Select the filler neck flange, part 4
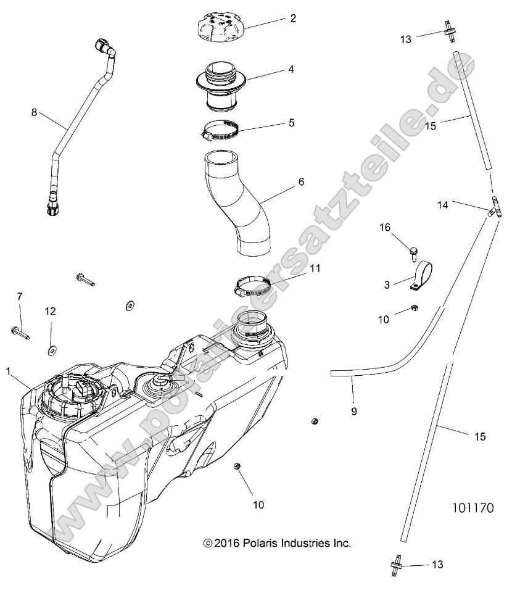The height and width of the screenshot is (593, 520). coord(221,83)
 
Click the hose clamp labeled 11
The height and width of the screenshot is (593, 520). coord(254,286)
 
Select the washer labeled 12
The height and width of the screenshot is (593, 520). coord(51,350)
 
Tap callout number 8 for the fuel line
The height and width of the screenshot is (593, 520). coord(35,112)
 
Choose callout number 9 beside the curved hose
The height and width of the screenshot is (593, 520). coord(353,410)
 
